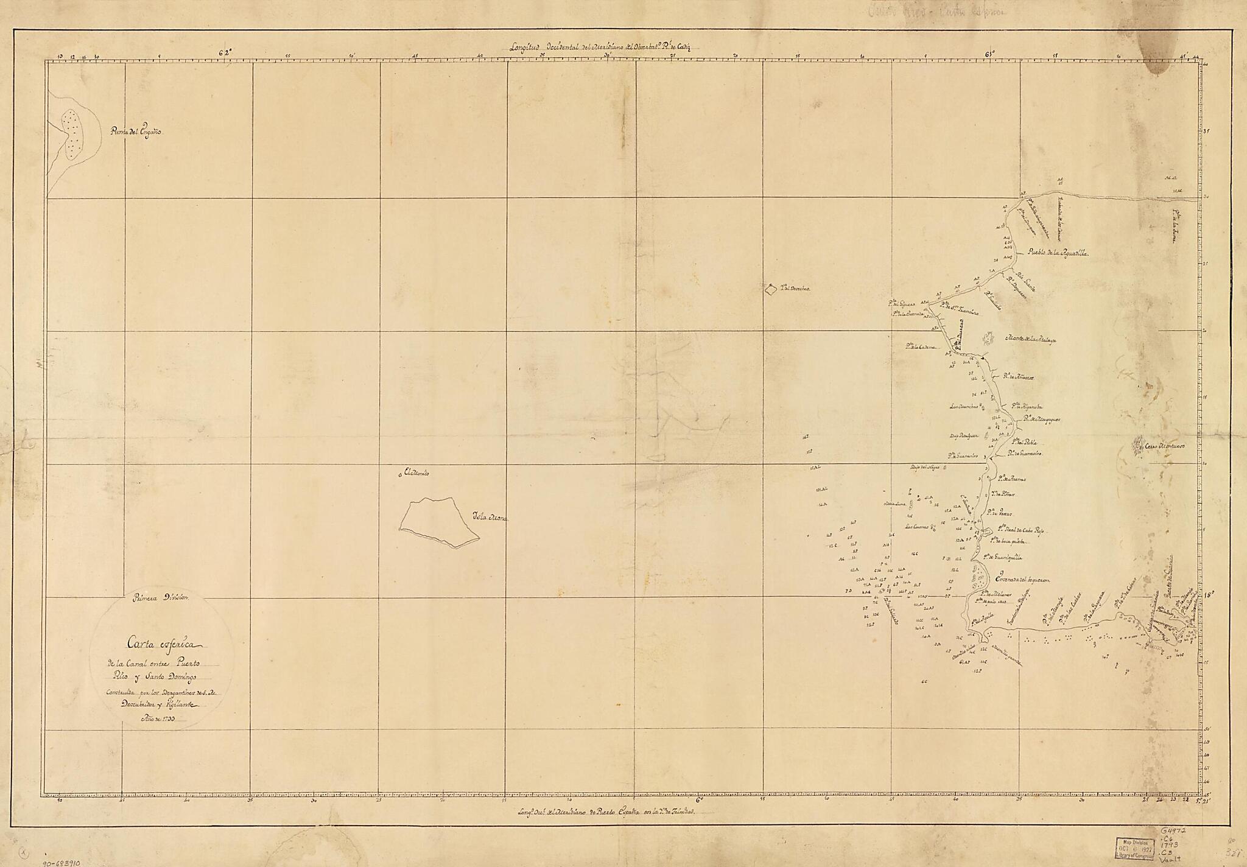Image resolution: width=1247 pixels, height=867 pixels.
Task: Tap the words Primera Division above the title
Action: tap(161, 598)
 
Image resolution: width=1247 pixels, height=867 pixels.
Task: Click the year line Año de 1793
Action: tap(158, 718)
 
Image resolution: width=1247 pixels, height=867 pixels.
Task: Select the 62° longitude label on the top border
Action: tap(226, 52)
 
